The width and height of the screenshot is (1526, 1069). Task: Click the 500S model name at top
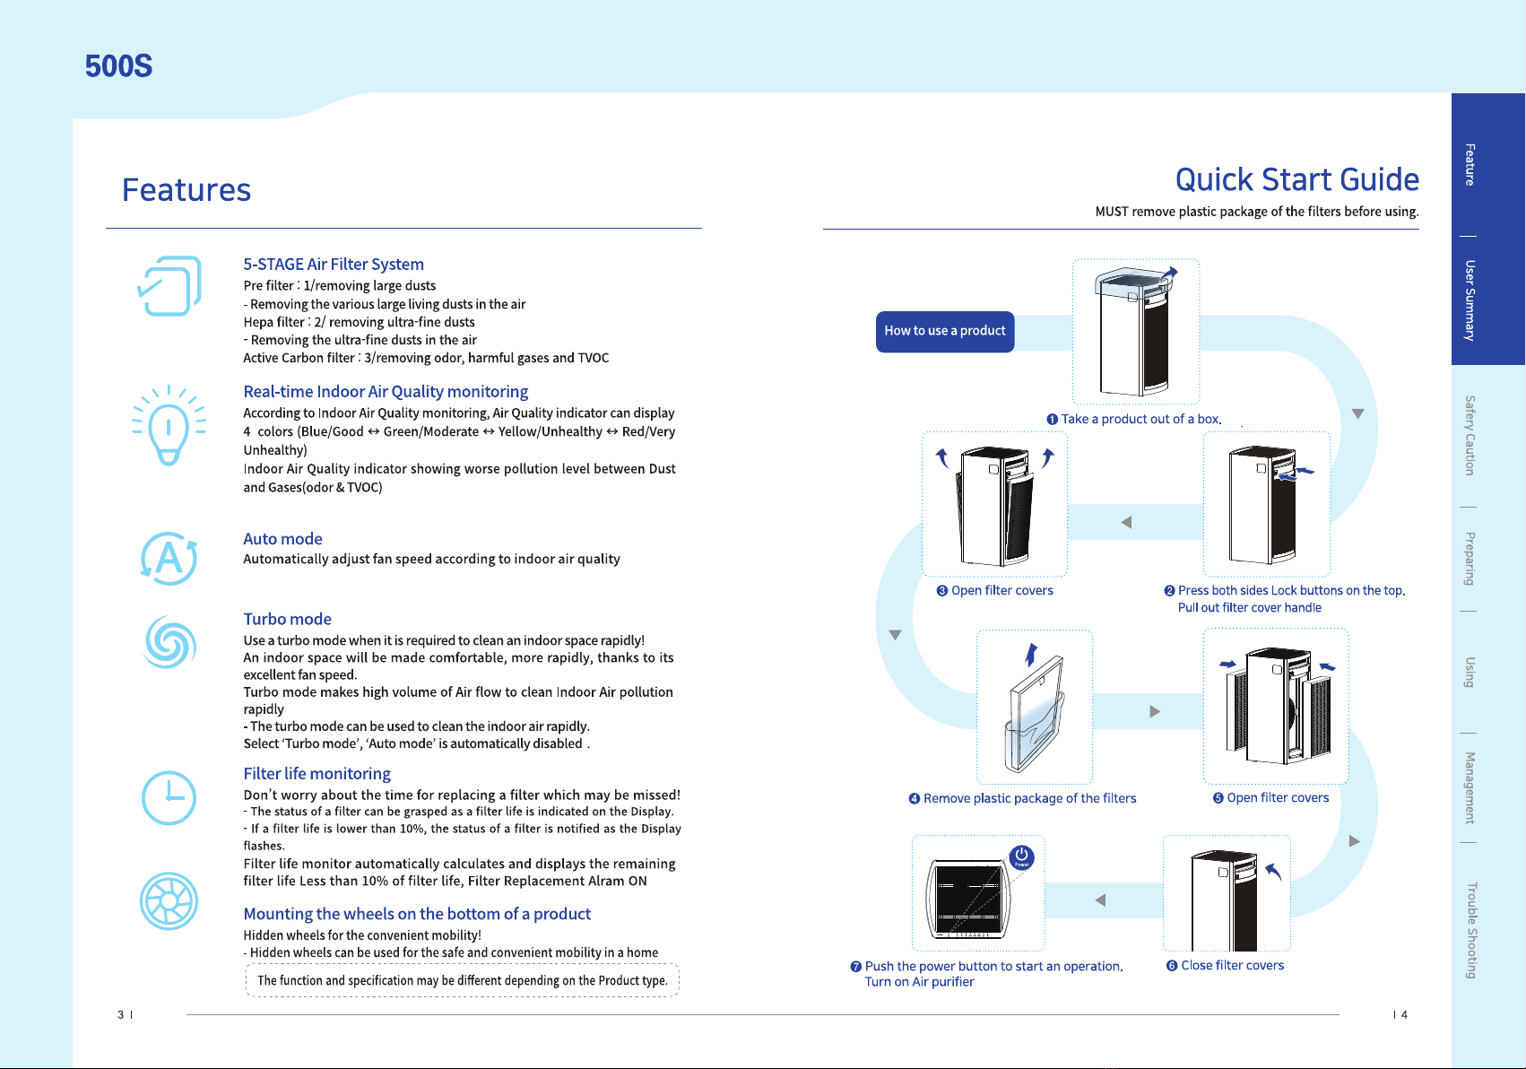tap(118, 66)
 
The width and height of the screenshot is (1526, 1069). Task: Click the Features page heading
tap(186, 189)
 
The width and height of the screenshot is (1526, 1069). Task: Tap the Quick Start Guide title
tap(1296, 180)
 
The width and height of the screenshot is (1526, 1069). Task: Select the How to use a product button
tap(945, 331)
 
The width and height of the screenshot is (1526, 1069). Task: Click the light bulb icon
tap(169, 426)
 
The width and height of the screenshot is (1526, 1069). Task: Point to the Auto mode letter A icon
tap(169, 559)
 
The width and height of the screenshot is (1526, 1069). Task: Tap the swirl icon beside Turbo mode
tap(169, 642)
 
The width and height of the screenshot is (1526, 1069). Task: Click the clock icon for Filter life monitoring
tap(169, 798)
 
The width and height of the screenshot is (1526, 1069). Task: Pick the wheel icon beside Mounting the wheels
tap(169, 901)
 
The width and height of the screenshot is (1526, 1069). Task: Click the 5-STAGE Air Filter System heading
tap(334, 265)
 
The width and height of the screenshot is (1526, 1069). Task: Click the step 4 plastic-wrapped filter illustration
tap(1034, 708)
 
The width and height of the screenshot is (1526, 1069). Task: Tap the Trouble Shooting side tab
tap(1471, 931)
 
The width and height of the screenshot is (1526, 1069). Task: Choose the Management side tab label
tap(1470, 788)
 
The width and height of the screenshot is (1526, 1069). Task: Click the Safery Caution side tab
tap(1470, 435)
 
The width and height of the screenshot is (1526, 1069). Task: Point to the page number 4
tap(1404, 1014)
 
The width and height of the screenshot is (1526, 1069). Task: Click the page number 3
tap(120, 1014)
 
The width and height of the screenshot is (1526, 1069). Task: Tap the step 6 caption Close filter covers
tap(1232, 966)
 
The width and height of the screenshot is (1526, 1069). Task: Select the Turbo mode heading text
tap(288, 619)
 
